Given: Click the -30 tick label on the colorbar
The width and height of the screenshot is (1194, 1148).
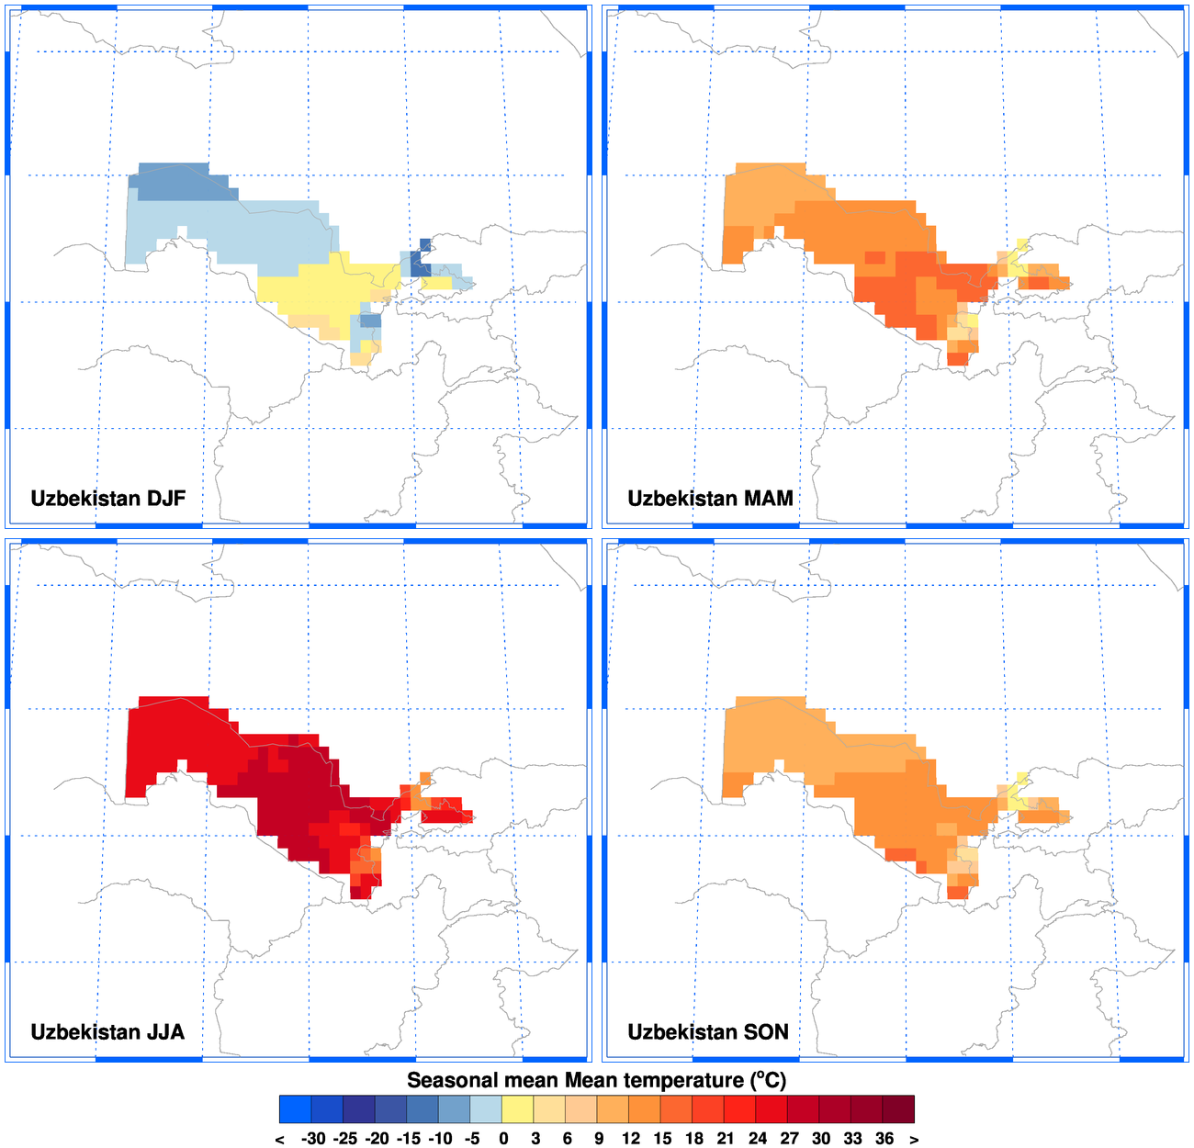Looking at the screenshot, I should [x=313, y=1139].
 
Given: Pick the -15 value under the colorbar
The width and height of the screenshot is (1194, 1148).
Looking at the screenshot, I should [x=409, y=1139].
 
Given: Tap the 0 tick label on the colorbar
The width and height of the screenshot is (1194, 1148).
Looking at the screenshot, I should [x=503, y=1139].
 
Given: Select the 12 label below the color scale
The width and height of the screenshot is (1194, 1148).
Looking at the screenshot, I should [x=630, y=1139].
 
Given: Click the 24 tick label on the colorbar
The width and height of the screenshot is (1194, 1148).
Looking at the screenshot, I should [x=758, y=1139].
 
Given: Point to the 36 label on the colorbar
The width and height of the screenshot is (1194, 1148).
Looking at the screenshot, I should [x=884, y=1139].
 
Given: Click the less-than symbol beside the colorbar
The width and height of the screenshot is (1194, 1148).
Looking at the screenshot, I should [x=280, y=1139].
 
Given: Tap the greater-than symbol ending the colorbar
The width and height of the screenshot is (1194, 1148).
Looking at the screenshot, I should [x=914, y=1139].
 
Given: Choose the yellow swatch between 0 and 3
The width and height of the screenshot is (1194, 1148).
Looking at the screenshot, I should [x=518, y=1109].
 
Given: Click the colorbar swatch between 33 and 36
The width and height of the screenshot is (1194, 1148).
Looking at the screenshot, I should [x=867, y=1109].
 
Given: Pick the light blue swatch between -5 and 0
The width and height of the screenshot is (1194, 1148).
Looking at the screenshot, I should [x=486, y=1109].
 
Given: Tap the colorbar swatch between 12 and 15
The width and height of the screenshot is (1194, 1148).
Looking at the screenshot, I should [x=645, y=1109].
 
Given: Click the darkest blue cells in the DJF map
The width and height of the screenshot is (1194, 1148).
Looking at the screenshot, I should [x=420, y=264].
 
